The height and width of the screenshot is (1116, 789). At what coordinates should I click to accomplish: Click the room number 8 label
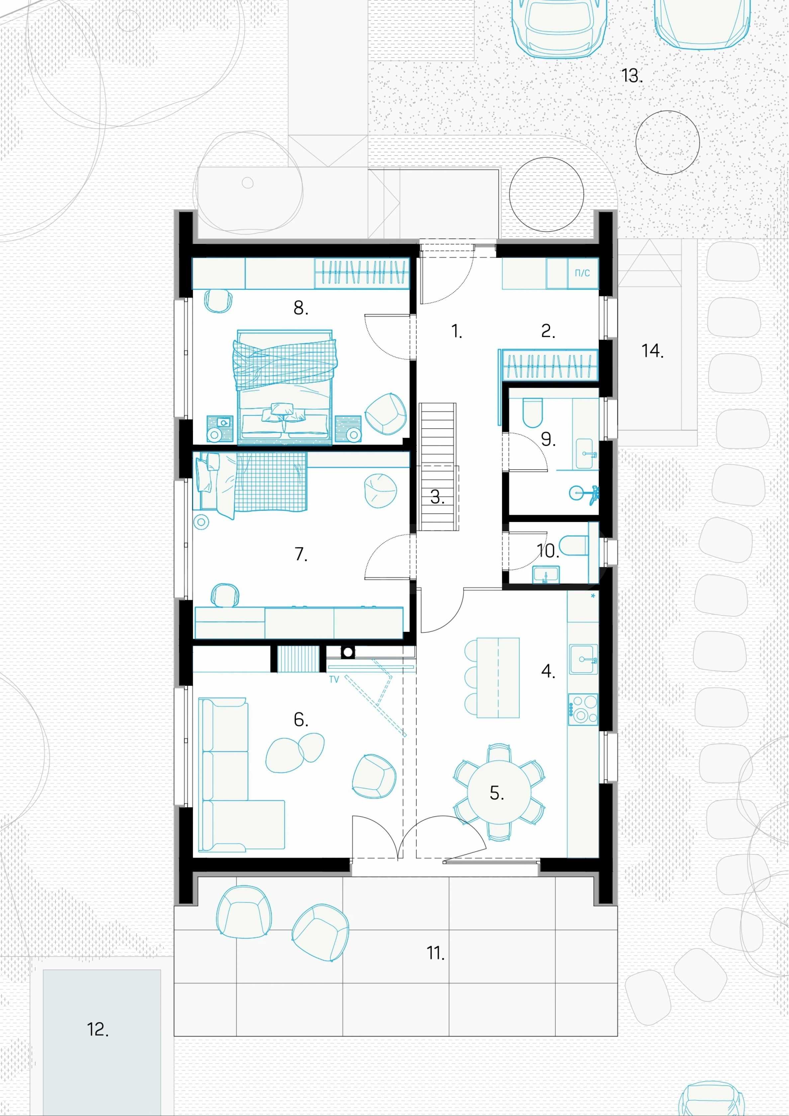coord(301,308)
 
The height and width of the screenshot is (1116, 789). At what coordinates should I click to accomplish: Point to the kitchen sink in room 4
coord(583,660)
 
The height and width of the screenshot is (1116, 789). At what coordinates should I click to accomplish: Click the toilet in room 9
coord(533,413)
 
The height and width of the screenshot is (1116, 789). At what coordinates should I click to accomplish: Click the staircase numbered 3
coord(438,467)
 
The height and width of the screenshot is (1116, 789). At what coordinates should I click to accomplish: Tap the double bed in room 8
coord(285,387)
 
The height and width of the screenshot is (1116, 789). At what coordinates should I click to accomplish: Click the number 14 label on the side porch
coord(652,350)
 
